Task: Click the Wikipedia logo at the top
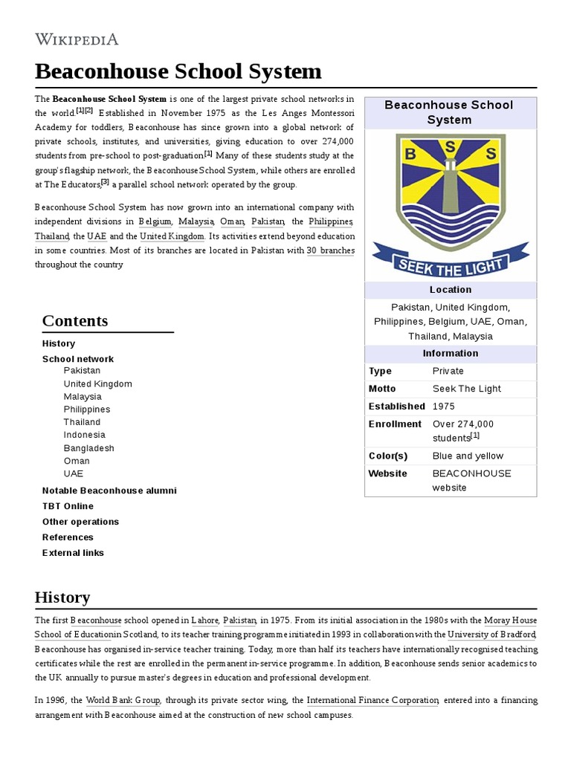pos(77,39)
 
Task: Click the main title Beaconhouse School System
pos(178,71)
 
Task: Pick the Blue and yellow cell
pos(468,456)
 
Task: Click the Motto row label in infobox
pos(382,389)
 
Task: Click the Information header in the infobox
pos(450,353)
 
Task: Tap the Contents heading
pos(75,321)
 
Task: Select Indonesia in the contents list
pos(84,435)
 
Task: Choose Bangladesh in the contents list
pos(88,448)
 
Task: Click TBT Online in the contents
pos(68,506)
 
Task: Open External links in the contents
pos(73,553)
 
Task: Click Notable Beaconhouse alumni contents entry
pos(109,490)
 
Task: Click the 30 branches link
pos(330,250)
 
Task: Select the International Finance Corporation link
pos(372,700)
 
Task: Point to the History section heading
pos(62,597)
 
